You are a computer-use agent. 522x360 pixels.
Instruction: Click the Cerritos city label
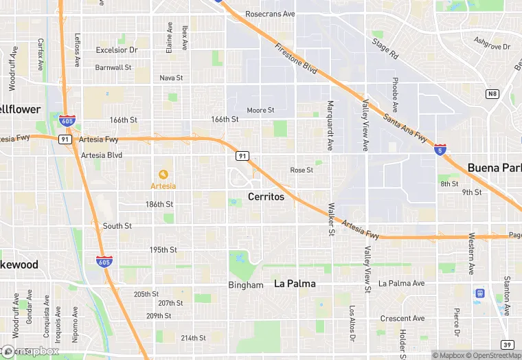[x=266, y=197]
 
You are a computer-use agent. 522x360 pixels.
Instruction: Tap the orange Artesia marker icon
[x=163, y=174]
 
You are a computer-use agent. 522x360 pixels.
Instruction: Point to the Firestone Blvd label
[x=296, y=60]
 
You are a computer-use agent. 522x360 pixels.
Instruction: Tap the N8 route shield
[x=492, y=93]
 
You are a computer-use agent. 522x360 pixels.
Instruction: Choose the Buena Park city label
[x=494, y=168]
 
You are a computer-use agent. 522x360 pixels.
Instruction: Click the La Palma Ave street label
[x=402, y=283]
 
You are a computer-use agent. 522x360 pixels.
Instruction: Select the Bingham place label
[x=246, y=285]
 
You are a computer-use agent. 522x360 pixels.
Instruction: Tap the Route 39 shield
[x=507, y=344]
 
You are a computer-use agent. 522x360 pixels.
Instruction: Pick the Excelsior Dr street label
[x=117, y=50]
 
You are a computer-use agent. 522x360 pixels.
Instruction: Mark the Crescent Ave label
[x=402, y=319]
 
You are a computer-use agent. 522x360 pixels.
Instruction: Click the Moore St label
[x=261, y=110]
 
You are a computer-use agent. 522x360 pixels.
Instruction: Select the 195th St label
[x=163, y=249]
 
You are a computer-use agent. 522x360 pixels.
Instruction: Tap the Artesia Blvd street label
[x=102, y=155]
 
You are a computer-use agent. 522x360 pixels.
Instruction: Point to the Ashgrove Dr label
[x=492, y=47]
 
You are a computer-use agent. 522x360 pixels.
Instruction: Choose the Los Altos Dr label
[x=352, y=324]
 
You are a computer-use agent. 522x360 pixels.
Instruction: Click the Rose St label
[x=302, y=170]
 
